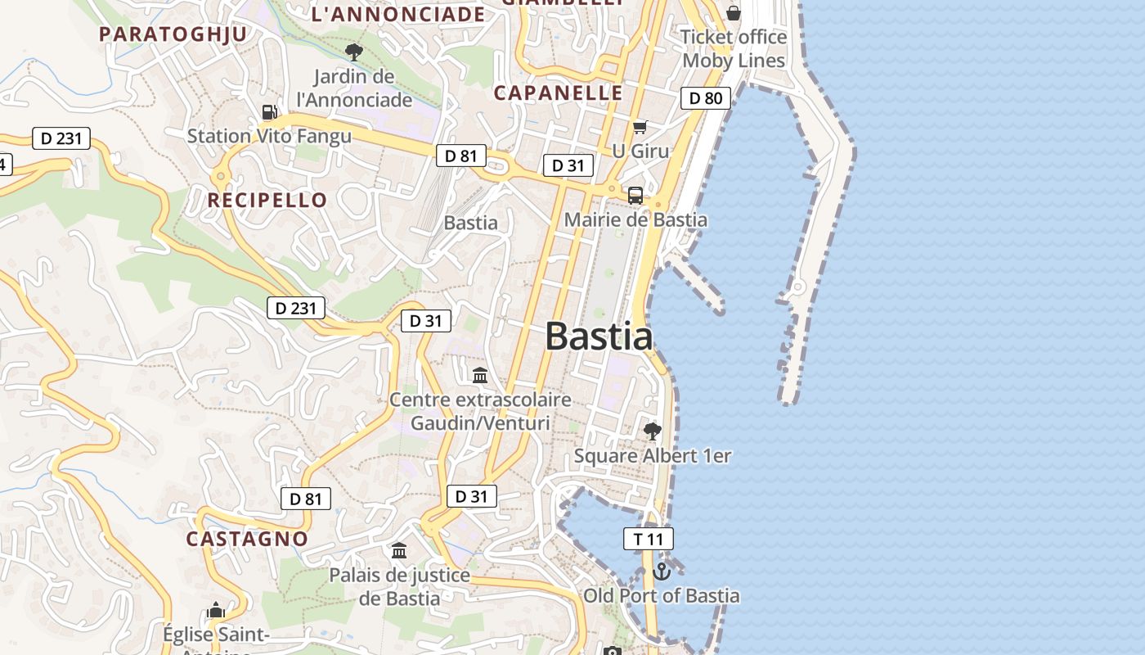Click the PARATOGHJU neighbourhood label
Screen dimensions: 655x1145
click(173, 34)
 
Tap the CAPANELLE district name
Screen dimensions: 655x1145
click(559, 93)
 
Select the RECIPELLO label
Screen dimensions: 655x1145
click(267, 200)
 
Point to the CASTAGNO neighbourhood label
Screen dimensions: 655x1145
click(247, 539)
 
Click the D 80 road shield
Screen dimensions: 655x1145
click(705, 98)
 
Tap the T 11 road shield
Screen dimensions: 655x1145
click(649, 539)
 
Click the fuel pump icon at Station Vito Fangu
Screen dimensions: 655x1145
click(269, 112)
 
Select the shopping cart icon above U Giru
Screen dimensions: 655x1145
click(640, 127)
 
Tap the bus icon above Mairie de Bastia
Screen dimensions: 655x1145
click(635, 196)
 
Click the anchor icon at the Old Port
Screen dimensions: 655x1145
click(662, 571)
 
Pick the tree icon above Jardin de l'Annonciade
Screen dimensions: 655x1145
click(354, 53)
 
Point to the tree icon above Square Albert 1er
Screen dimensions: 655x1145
click(652, 431)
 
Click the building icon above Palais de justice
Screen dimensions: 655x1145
click(399, 551)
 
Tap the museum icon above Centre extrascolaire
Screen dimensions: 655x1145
click(480, 376)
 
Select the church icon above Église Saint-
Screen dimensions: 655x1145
click(216, 610)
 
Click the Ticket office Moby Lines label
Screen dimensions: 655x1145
click(734, 48)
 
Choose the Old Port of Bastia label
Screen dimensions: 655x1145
click(661, 596)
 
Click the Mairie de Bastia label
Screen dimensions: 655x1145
click(635, 219)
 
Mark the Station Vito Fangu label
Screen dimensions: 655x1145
click(269, 136)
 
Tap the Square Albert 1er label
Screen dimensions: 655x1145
click(652, 456)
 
